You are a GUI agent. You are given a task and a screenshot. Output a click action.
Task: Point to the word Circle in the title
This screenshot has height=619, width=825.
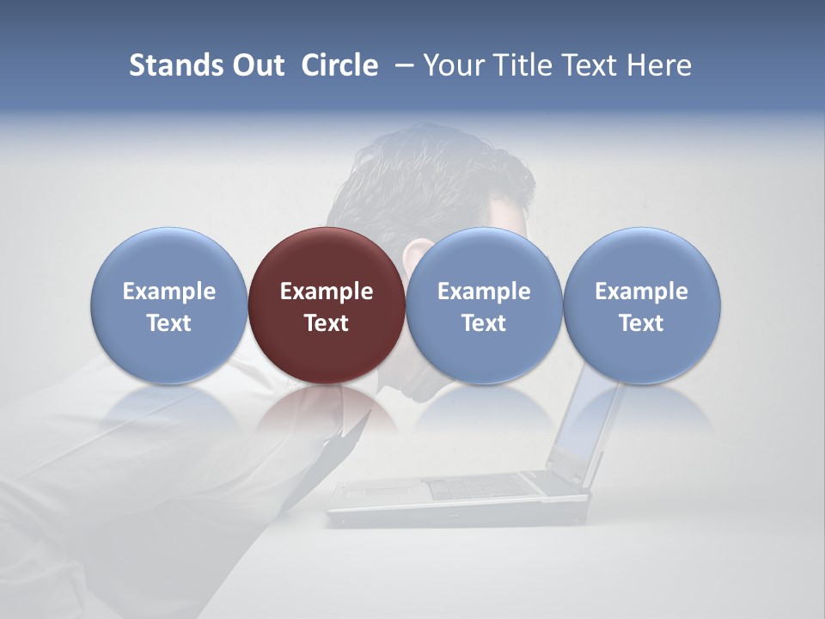pyautogui.click(x=339, y=65)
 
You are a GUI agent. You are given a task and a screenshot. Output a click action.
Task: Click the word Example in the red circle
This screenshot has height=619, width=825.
pyautogui.click(x=327, y=291)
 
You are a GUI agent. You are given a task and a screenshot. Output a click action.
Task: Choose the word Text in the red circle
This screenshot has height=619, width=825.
pyautogui.click(x=327, y=323)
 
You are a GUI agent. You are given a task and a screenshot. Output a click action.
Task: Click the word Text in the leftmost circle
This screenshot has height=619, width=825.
pyautogui.click(x=169, y=323)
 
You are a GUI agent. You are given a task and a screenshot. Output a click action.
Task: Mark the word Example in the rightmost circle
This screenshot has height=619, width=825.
pyautogui.click(x=641, y=291)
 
